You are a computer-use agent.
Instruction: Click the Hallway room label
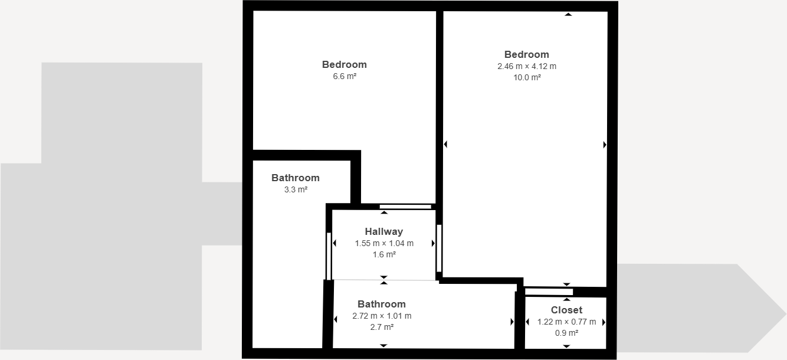(383, 231)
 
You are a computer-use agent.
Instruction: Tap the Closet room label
(566, 310)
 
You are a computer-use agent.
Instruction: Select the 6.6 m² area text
(345, 77)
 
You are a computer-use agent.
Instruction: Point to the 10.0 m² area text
(527, 77)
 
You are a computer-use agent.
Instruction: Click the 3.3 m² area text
(296, 190)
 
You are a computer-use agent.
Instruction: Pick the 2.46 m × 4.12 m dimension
(527, 66)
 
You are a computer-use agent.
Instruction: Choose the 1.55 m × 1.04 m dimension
(383, 243)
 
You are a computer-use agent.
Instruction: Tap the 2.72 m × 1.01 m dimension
(382, 316)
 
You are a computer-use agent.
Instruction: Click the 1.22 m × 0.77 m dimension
(566, 322)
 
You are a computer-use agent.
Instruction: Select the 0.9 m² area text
(566, 333)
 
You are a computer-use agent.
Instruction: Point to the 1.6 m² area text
(383, 255)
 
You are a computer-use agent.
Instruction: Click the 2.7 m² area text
(382, 327)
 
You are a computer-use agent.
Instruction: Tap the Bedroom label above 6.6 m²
(345, 64)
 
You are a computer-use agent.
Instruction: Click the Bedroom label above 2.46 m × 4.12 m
(527, 54)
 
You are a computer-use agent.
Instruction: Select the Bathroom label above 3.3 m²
(296, 178)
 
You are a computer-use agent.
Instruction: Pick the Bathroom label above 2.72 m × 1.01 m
(382, 304)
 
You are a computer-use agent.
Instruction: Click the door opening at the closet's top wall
(549, 292)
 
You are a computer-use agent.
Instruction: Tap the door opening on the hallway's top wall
(405, 207)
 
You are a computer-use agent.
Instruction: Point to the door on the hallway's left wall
(329, 256)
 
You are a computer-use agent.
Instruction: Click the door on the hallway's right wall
(439, 248)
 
